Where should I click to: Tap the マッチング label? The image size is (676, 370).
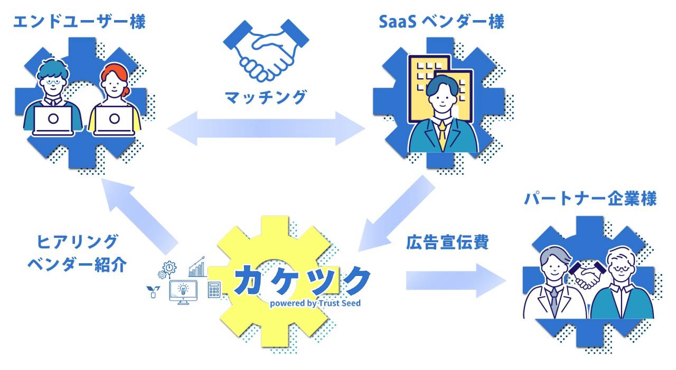pyautogui.click(x=266, y=97)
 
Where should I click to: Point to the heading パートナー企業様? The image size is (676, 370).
pyautogui.click(x=590, y=199)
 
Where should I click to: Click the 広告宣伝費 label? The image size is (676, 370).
pyautogui.click(x=447, y=243)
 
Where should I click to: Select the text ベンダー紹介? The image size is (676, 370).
pyautogui.click(x=77, y=264)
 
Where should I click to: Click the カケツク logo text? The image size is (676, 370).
pyautogui.click(x=301, y=280)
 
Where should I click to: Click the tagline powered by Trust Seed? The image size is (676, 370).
pyautogui.click(x=315, y=303)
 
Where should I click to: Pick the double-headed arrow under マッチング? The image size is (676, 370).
pyautogui.click(x=266, y=128)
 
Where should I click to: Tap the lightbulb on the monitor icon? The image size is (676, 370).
pyautogui.click(x=183, y=289)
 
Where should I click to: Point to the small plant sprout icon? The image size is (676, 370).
pyautogui.click(x=153, y=290)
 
